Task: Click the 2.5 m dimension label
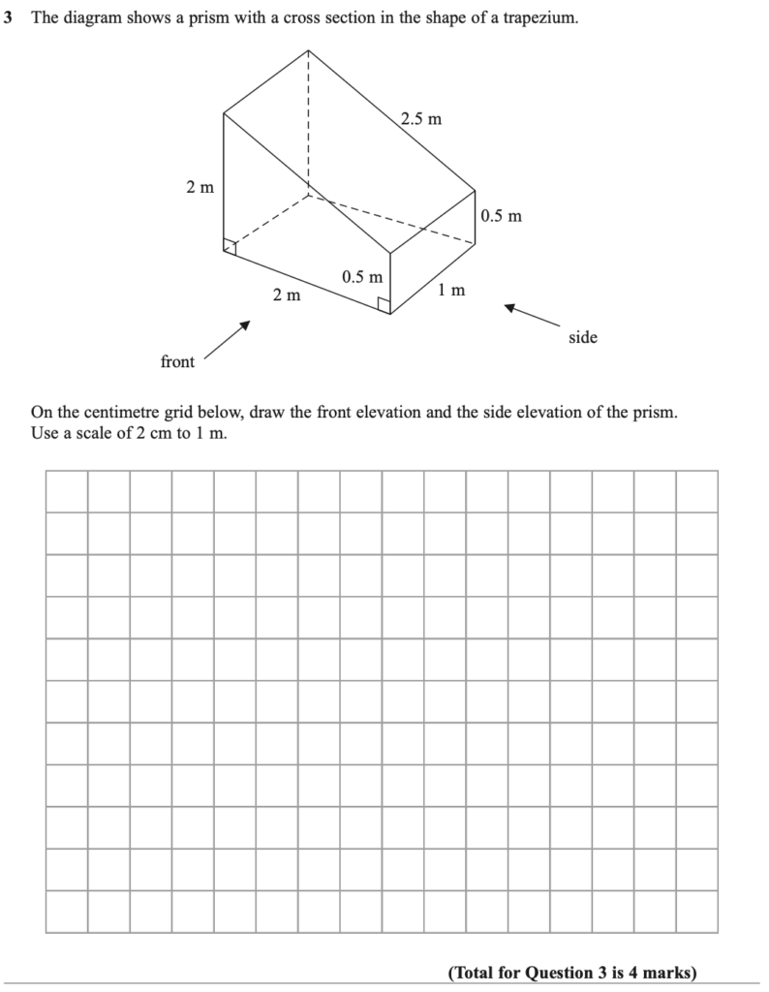pyautogui.click(x=421, y=119)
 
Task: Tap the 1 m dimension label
pyautogui.click(x=451, y=290)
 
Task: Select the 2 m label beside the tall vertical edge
pyautogui.click(x=200, y=187)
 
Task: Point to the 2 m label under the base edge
pyautogui.click(x=286, y=294)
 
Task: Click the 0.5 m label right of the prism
pyautogui.click(x=501, y=215)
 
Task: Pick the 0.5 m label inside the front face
pyautogui.click(x=362, y=277)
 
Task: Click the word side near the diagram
pyautogui.click(x=583, y=337)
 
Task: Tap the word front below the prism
pyautogui.click(x=177, y=361)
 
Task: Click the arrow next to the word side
pyautogui.click(x=532, y=316)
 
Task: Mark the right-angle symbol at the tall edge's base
pyautogui.click(x=230, y=248)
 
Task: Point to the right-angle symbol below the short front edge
pyautogui.click(x=384, y=306)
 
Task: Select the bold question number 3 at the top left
pyautogui.click(x=8, y=18)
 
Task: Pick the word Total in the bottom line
pyautogui.click(x=475, y=972)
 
